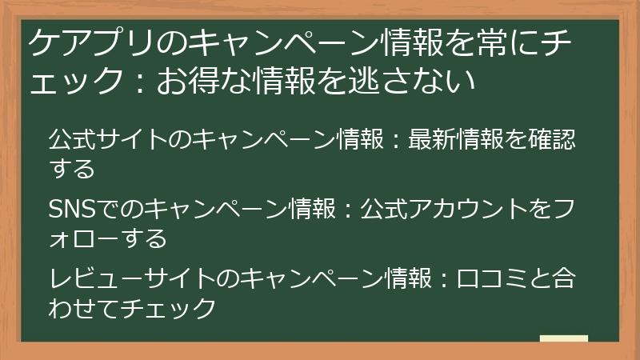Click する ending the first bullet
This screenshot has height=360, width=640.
(71, 169)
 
